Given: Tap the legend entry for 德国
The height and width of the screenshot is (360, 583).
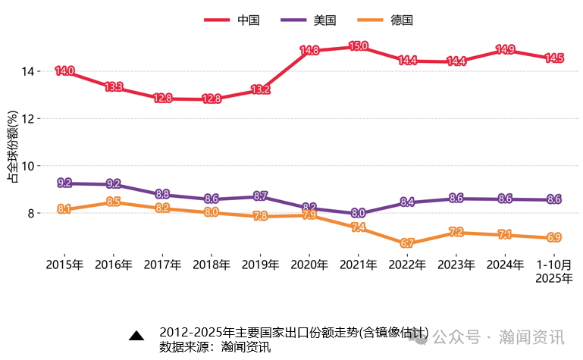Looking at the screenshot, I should coord(385,20).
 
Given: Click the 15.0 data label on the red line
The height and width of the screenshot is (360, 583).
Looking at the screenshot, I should coord(358,47).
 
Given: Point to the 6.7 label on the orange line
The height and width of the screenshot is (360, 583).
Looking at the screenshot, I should coord(407,243).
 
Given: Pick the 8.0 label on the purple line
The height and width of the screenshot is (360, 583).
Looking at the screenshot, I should coord(358,214).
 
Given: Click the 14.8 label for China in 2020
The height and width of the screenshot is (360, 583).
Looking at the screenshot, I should coord(309,52).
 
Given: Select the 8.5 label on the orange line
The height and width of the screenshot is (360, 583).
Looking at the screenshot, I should coord(114,202).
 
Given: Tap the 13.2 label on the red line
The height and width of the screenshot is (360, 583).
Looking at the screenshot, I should coord(260,89).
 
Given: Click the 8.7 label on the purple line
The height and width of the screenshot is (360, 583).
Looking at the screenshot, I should coord(260,196).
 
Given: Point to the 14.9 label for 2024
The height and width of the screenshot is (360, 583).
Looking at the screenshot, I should coord(505,50).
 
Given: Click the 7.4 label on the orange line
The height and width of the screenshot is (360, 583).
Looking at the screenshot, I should coord(358,227).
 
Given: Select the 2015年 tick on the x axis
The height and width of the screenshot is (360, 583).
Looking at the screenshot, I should coord(64,265).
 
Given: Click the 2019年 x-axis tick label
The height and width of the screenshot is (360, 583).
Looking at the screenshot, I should coord(260,265).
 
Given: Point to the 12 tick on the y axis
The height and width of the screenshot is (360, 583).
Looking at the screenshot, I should coord(29,118).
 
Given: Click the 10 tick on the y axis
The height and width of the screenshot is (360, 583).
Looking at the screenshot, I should coord(29,166).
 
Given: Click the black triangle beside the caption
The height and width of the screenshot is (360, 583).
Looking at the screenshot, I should coord(136,336).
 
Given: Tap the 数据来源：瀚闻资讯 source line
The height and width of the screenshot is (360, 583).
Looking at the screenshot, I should coord(215,347).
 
